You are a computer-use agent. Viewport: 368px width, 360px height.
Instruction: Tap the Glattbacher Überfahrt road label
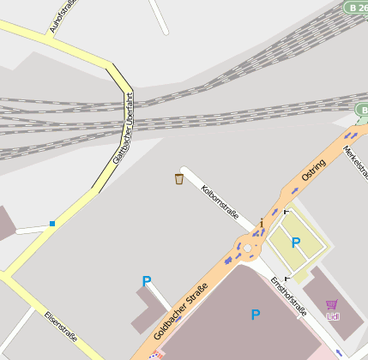pos(124,128)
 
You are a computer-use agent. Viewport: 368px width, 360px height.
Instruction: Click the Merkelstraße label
pos(354,163)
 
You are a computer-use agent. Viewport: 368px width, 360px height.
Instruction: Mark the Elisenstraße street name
pos(60,326)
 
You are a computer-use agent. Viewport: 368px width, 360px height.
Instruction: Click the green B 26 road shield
pos(357,7)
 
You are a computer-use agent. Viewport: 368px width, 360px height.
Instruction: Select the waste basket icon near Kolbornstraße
pos(179,178)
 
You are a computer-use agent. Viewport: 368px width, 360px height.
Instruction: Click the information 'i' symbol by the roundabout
pos(262,225)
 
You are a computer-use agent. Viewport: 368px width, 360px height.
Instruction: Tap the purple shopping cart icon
pos(332,304)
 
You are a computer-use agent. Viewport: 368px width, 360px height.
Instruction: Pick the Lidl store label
pos(333,316)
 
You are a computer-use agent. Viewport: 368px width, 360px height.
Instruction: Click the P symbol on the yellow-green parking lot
pos(296,243)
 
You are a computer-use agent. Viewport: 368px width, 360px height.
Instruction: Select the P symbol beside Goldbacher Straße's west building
pos(147,281)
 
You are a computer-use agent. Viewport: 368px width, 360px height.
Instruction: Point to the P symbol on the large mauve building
pos(255,315)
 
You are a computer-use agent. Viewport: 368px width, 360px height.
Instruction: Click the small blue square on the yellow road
pos(52,224)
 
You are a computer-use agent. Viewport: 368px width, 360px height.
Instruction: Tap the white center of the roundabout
pos(248,249)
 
